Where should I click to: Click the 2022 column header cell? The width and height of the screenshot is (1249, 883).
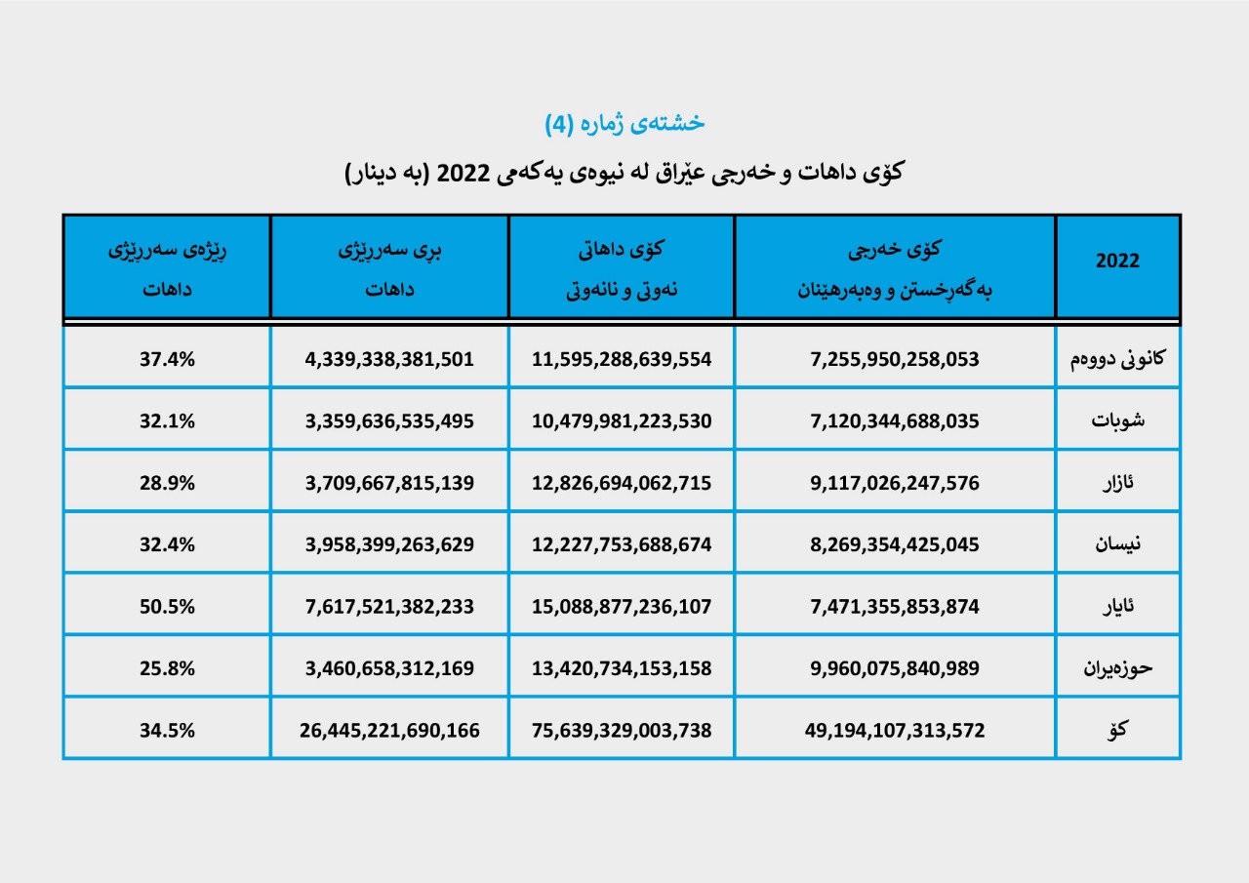click(1117, 261)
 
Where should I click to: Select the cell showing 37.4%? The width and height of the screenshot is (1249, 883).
click(166, 359)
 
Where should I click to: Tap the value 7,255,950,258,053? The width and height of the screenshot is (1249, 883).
click(894, 359)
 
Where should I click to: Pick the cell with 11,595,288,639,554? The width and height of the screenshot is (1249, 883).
click(622, 359)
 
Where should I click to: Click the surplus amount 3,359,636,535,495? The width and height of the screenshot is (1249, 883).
click(389, 421)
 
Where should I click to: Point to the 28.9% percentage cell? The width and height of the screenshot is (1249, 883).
click(166, 483)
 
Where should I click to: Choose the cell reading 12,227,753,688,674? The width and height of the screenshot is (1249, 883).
click(622, 544)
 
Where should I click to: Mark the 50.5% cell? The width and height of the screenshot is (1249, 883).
click(166, 606)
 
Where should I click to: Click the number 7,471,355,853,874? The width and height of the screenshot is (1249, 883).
click(894, 606)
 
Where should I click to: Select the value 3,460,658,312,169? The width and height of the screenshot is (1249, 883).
click(389, 668)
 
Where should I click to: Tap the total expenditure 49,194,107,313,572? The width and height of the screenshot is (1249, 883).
click(894, 730)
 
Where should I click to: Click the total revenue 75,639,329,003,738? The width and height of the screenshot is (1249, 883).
click(622, 730)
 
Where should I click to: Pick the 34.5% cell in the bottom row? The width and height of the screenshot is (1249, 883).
click(166, 730)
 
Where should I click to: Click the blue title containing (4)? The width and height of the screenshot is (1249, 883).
click(624, 123)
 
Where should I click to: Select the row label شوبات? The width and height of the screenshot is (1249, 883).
click(1117, 421)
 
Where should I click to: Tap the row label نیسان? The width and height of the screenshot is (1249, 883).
click(1117, 544)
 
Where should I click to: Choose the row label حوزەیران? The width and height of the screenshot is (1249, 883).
click(1117, 668)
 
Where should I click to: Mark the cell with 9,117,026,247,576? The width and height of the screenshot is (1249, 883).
click(894, 483)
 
